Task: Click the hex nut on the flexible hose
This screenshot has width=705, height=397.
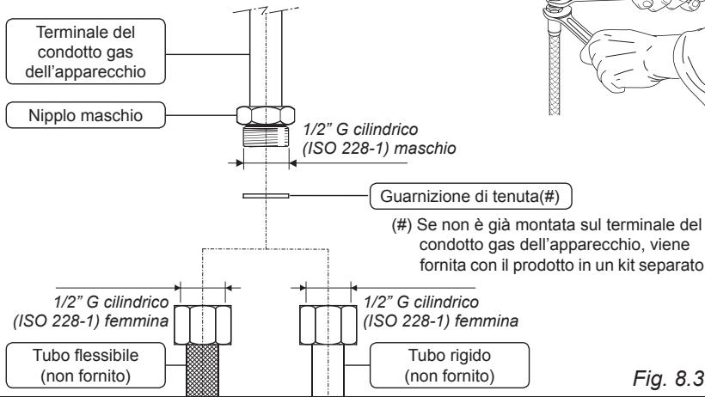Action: click(199, 322)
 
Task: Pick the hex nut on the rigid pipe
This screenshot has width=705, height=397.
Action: click(325, 322)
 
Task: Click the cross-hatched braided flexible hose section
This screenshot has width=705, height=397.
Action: click(199, 370)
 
